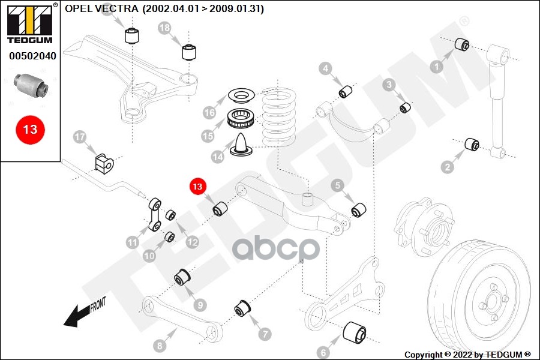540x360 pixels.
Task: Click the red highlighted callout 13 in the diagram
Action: point(197,187)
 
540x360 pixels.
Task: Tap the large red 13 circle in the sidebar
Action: point(30,129)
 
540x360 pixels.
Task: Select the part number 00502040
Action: point(32,56)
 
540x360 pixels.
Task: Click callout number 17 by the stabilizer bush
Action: point(80,137)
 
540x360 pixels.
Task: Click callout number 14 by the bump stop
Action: point(218,157)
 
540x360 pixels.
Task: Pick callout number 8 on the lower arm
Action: point(160,346)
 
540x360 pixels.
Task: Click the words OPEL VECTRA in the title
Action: point(100,9)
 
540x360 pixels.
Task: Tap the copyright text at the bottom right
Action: point(467,354)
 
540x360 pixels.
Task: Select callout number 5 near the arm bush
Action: point(338,186)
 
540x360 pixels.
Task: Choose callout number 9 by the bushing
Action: point(200,304)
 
